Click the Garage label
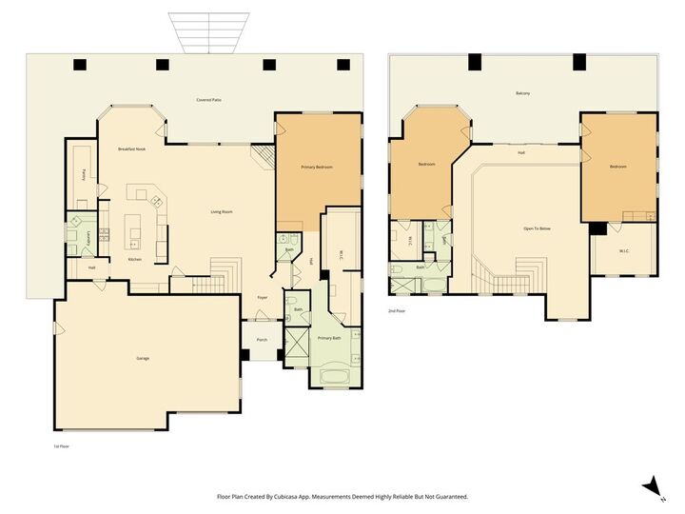point(143,358)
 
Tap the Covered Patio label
point(209,99)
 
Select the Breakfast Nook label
point(131,149)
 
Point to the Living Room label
point(222,211)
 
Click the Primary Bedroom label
point(317,168)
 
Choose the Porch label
point(262,340)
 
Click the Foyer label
point(262,297)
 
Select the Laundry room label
point(88,239)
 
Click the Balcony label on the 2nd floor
point(522,93)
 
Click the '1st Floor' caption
point(61,445)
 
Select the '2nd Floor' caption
point(397,311)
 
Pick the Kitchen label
point(135,260)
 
